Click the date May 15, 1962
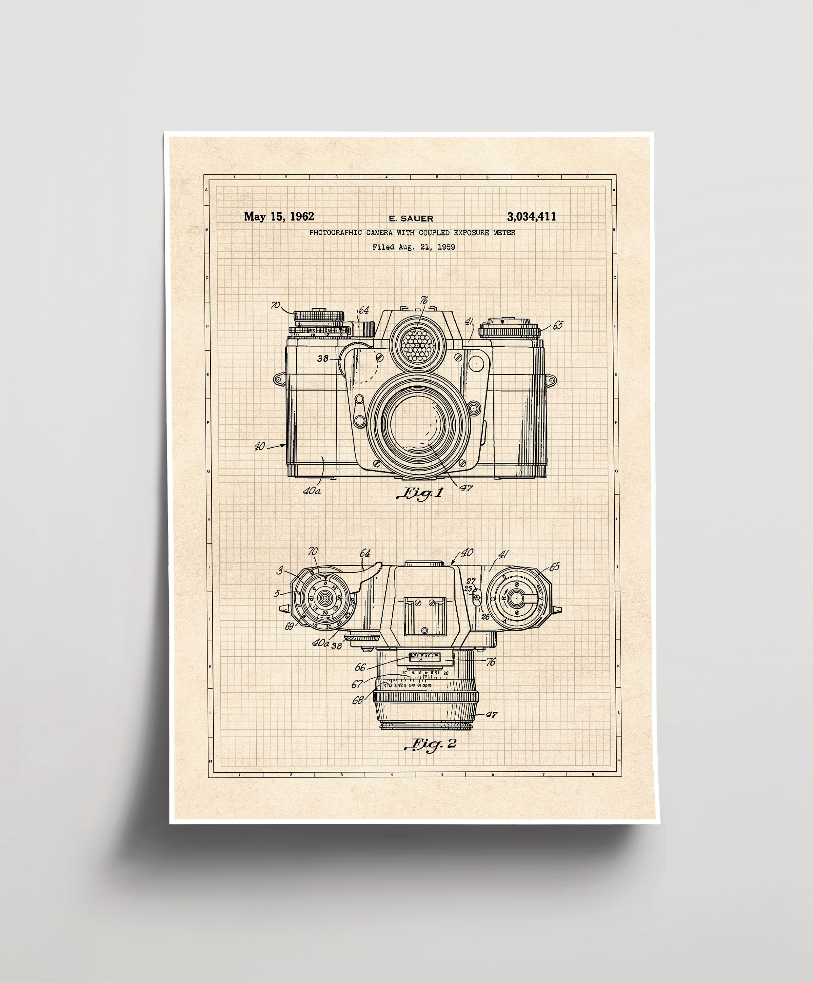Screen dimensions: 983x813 click(279, 216)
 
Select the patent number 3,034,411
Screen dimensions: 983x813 click(531, 216)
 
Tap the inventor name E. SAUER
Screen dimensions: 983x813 click(411, 219)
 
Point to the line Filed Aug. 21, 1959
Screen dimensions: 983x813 click(413, 247)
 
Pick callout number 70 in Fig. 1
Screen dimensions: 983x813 click(275, 305)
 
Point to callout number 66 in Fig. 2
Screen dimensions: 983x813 click(360, 667)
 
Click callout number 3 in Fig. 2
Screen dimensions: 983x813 click(280, 570)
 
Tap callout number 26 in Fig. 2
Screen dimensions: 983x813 click(485, 616)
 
